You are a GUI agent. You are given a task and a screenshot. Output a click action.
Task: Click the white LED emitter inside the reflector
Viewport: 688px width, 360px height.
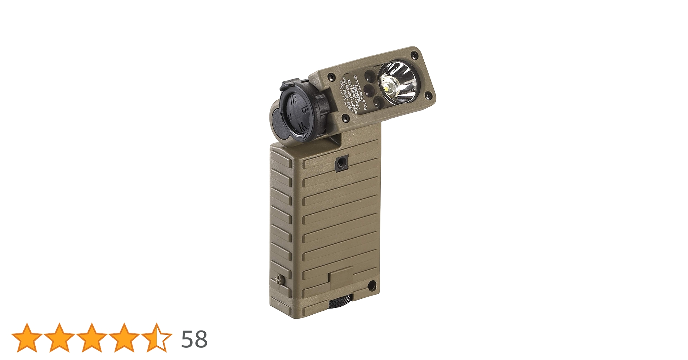[x=390, y=87]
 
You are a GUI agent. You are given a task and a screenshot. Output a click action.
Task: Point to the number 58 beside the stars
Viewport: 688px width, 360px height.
[x=194, y=339]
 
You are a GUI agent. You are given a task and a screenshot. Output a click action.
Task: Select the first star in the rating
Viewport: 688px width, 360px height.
[x=27, y=338]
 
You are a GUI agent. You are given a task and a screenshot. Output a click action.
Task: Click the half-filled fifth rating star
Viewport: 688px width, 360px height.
[x=156, y=338]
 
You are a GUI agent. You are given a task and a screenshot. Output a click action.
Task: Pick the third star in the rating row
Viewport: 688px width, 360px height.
[x=91, y=338]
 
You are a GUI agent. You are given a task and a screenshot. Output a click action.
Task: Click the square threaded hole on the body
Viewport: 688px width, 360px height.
[x=339, y=164]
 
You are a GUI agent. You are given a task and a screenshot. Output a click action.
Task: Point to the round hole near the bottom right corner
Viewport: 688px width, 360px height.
[x=371, y=286]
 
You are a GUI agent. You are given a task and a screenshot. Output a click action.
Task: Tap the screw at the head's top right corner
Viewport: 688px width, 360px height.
[x=415, y=55]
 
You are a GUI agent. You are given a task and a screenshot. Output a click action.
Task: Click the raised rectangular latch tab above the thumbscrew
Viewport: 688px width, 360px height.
[x=341, y=277]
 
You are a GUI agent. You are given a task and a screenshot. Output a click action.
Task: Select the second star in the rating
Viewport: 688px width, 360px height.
[x=59, y=338]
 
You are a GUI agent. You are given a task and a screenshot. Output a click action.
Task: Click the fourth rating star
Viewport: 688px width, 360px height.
[x=124, y=338]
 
